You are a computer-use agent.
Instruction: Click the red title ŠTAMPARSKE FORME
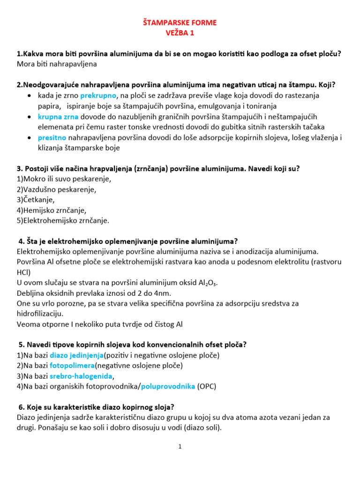[x=180, y=22]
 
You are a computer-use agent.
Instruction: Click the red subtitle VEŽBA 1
[x=180, y=33]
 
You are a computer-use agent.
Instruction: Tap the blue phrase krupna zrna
[x=59, y=116]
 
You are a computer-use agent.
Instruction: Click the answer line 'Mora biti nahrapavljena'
[x=56, y=64]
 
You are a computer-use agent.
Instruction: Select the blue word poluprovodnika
[x=168, y=386]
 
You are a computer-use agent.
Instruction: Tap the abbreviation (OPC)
[x=207, y=386]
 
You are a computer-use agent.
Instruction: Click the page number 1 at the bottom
[x=180, y=447]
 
